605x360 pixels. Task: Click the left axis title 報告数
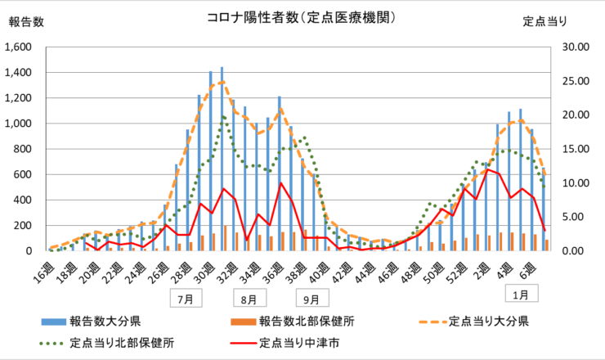tap(26, 22)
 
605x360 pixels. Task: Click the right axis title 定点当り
tap(544, 22)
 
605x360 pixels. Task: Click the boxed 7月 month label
tap(186, 299)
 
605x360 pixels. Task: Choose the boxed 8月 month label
tap(249, 299)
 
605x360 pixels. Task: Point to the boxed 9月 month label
tap(311, 299)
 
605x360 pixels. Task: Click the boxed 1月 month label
tap(519, 292)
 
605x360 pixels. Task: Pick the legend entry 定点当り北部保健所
tap(123, 342)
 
